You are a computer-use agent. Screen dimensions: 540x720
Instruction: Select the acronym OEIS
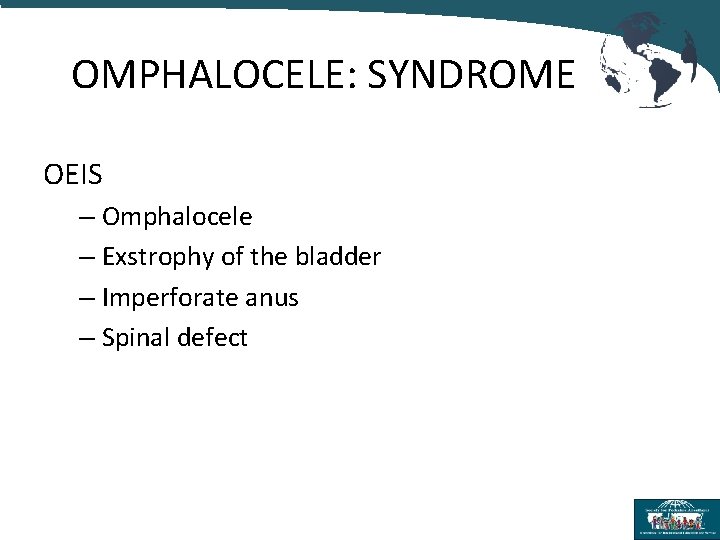tap(73, 175)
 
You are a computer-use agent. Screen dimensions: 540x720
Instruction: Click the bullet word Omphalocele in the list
tap(177, 216)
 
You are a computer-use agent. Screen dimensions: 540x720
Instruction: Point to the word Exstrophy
tap(157, 257)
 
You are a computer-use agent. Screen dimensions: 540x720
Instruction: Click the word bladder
tap(337, 257)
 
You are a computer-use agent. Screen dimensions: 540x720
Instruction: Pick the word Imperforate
tap(165, 298)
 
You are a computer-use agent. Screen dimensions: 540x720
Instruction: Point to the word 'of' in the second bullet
tap(232, 257)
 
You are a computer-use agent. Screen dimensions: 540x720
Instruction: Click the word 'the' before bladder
tap(268, 257)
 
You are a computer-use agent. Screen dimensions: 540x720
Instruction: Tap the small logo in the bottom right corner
tap(675, 518)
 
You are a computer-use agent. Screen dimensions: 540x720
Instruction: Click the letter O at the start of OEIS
tap(53, 175)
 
